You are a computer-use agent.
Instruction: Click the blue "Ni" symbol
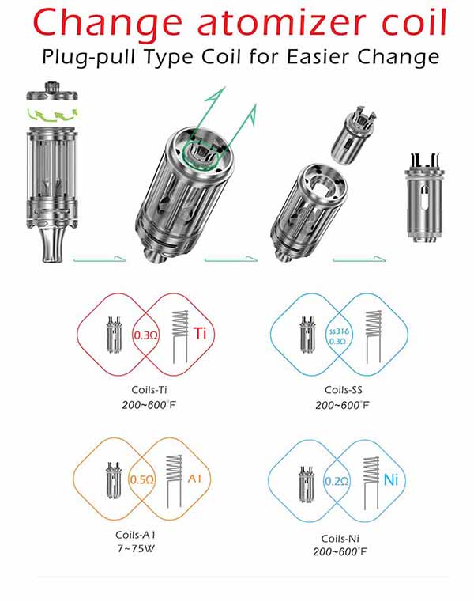[389, 479]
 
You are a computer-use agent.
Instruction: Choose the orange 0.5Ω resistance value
[141, 479]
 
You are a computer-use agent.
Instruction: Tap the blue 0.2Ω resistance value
[337, 480]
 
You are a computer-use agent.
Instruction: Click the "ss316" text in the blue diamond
[337, 328]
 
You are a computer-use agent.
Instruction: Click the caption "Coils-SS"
[341, 390]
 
